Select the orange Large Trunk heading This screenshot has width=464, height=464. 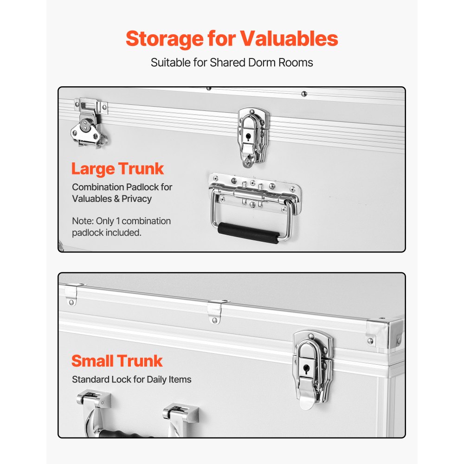click(x=117, y=168)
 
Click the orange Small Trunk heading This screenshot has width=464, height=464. click(x=117, y=361)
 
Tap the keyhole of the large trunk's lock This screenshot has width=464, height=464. click(x=248, y=137)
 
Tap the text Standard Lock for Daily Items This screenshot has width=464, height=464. click(x=131, y=379)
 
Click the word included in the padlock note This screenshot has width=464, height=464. click(x=123, y=232)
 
